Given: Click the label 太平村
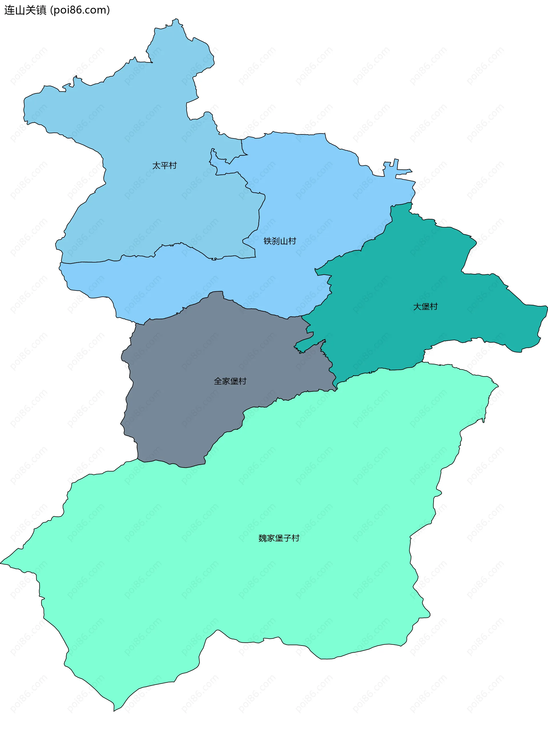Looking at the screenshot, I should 164,165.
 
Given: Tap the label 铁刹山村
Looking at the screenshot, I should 280,241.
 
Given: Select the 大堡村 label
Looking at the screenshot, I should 425,306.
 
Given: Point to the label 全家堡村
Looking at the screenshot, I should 230,381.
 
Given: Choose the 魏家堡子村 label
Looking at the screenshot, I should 279,538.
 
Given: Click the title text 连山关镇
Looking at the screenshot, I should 25,10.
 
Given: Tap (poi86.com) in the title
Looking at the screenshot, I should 80,10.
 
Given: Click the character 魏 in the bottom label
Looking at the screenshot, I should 263,538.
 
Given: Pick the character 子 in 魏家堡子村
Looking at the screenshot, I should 287,538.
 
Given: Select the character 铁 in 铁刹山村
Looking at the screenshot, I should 268,241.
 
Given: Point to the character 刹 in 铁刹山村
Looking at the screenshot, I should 276,241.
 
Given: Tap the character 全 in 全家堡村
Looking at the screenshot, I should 218,381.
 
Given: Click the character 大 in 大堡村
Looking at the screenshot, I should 417,306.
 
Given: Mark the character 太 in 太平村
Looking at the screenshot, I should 156,165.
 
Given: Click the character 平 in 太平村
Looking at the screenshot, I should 164,165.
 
